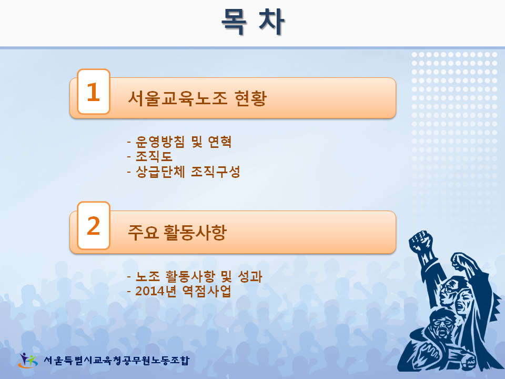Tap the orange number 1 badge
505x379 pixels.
tap(94, 92)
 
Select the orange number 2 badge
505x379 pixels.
tap(94, 226)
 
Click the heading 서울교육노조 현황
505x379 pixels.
tap(197, 98)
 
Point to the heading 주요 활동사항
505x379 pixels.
tap(177, 232)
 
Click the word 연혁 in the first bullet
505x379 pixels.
tap(220, 142)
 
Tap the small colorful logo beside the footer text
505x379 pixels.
tap(28, 360)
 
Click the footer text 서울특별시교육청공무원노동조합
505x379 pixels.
tap(117, 360)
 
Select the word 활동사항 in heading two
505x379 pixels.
tap(195, 232)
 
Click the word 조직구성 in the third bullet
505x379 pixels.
tap(216, 172)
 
